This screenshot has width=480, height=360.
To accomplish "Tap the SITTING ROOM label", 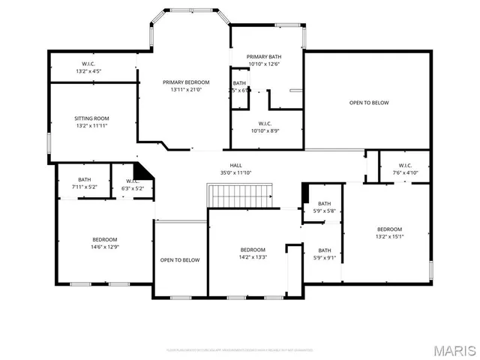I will coord(91,118).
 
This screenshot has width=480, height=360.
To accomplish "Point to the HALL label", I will coord(236,165).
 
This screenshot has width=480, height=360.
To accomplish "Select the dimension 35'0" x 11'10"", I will coord(236,173).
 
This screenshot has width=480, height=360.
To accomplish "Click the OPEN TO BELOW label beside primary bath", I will coord(368,103).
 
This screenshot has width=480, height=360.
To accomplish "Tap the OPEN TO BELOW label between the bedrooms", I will coord(180,260).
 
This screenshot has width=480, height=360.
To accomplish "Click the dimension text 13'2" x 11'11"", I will coord(91,126).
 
